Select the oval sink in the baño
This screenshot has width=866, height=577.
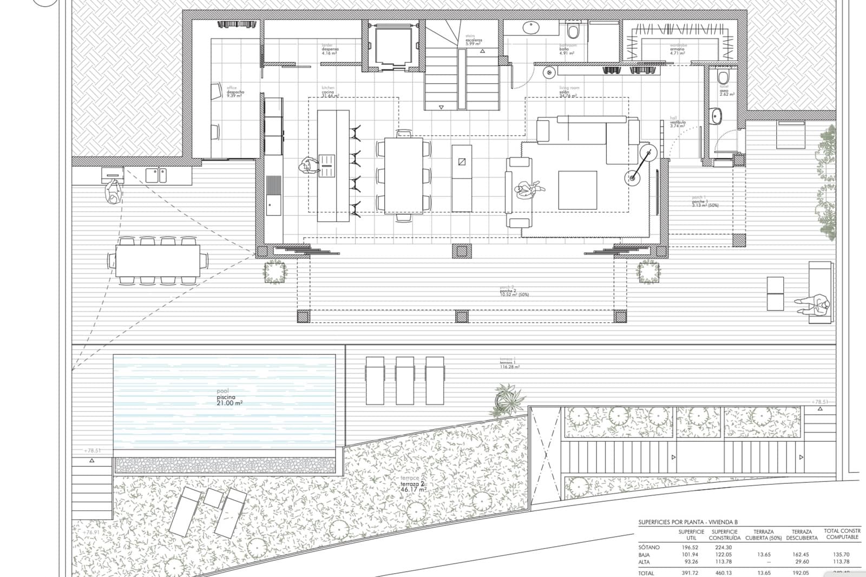point(530,27)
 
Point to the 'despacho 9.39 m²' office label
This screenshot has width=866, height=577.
point(235,93)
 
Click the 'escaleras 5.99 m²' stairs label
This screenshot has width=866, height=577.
point(473,41)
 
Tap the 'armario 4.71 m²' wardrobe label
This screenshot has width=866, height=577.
point(677,50)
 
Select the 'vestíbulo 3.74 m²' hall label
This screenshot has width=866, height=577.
point(678,123)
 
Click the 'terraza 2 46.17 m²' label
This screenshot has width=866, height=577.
point(414,486)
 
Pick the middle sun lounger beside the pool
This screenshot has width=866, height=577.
point(405,380)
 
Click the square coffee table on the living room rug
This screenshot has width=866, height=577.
point(578,189)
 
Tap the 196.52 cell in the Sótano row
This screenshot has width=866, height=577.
point(688,547)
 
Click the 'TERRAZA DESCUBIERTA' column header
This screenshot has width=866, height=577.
point(802,535)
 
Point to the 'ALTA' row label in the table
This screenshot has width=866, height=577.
point(644,562)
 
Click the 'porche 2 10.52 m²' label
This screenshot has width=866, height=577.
point(514,293)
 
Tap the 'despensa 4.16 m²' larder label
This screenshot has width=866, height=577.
point(330,51)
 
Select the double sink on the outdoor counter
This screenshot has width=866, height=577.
point(156,175)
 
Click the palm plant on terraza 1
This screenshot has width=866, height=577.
point(509,399)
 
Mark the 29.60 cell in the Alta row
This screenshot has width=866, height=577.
point(802,562)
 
